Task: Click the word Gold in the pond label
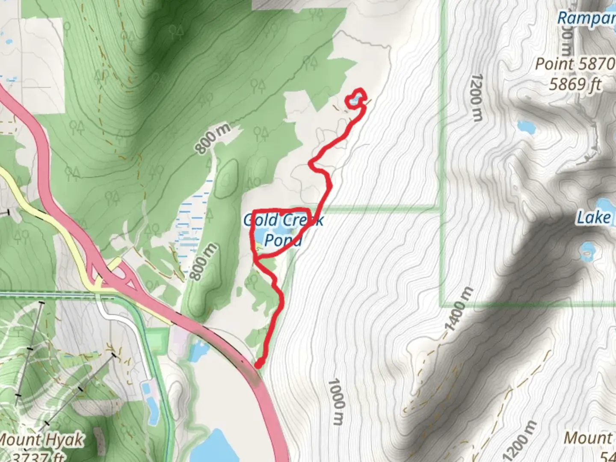click(x=261, y=220)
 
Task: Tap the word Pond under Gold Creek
click(x=283, y=240)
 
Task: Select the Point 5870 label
click(x=575, y=64)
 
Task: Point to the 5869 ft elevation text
click(x=575, y=84)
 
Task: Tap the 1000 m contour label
click(x=337, y=401)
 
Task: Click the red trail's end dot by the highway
click(x=259, y=364)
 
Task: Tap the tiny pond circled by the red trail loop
click(x=355, y=101)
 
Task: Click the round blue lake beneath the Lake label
click(x=587, y=252)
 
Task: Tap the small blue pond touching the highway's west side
click(x=198, y=351)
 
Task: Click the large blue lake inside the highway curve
click(x=214, y=445)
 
